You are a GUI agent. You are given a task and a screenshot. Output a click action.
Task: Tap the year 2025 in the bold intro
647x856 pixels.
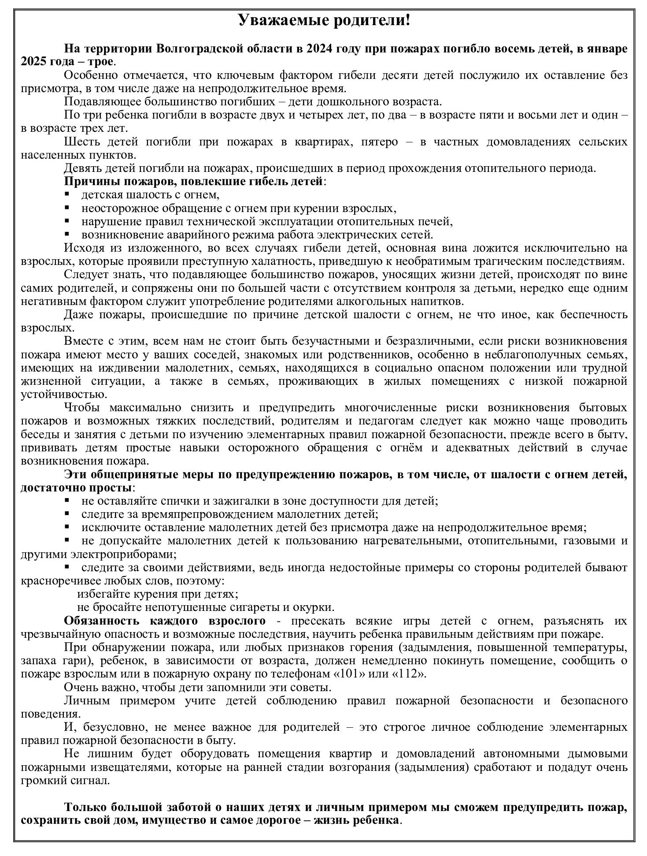click(x=34, y=61)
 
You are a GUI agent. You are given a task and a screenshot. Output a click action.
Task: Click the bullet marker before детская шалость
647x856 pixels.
click(x=67, y=194)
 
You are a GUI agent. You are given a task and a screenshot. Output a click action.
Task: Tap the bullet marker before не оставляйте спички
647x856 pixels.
click(x=67, y=500)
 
